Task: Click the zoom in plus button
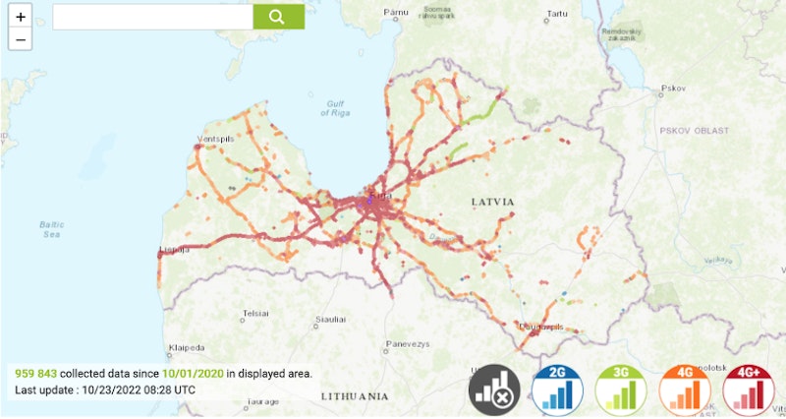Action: click(21, 17)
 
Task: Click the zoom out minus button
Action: click(21, 39)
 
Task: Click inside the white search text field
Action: click(152, 17)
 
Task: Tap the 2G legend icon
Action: click(558, 388)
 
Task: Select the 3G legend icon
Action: click(621, 388)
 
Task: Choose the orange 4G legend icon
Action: click(686, 388)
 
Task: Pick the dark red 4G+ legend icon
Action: click(749, 388)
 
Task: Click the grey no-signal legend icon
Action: click(494, 388)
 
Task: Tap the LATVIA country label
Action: click(492, 201)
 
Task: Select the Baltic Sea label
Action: click(52, 229)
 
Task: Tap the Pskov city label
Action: click(673, 88)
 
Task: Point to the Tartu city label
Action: click(557, 14)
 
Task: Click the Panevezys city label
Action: click(407, 343)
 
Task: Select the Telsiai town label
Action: click(256, 312)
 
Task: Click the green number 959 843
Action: click(35, 374)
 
